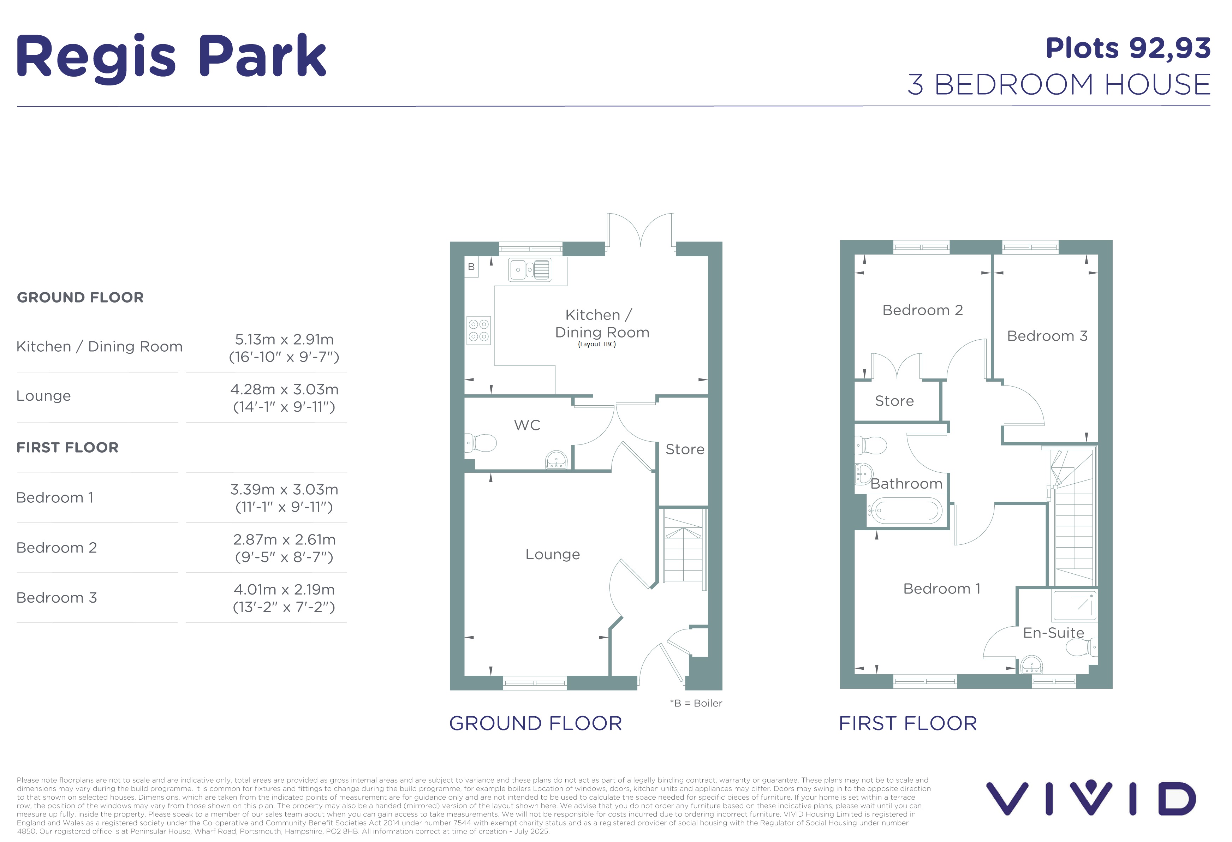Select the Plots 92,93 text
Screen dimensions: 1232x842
1127,49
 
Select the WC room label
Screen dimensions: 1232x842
527,425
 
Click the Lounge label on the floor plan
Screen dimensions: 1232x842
552,554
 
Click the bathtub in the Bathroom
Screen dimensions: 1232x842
904,511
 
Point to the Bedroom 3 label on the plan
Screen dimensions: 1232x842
1047,336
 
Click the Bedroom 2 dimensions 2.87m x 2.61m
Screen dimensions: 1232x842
284,539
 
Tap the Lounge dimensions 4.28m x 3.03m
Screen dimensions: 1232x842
284,389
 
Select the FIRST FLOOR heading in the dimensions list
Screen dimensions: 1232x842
67,447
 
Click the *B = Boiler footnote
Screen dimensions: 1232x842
696,703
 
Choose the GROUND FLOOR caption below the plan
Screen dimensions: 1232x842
535,723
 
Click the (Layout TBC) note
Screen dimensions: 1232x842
597,344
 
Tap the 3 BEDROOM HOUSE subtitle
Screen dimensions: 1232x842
1059,84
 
